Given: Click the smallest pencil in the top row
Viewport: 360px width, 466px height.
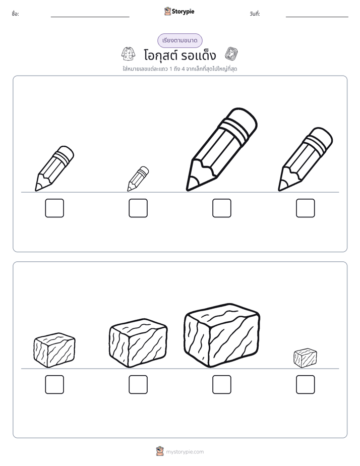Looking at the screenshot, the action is click(x=138, y=179).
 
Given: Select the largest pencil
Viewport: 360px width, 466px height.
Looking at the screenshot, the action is click(x=221, y=149).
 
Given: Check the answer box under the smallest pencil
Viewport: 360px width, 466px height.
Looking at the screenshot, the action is click(x=138, y=208).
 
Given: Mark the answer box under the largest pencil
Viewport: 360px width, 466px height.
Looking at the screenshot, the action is click(x=222, y=208).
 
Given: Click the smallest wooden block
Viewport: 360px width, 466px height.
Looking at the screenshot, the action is click(x=306, y=358).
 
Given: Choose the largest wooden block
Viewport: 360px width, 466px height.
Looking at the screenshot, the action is click(x=222, y=335).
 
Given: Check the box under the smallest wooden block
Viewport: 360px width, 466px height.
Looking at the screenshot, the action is click(x=306, y=385).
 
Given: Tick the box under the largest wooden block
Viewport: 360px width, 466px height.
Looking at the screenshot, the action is click(x=222, y=385).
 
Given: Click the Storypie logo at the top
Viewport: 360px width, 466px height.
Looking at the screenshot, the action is click(x=179, y=12).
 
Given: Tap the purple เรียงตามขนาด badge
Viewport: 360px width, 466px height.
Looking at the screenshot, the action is click(x=179, y=40).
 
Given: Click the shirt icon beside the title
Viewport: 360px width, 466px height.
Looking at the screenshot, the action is click(x=128, y=54).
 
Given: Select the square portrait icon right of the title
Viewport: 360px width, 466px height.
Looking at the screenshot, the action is click(x=231, y=54).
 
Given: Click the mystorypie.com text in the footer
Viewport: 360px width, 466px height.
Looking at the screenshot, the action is click(x=185, y=452).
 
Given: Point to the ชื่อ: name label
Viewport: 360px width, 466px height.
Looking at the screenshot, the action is click(x=16, y=14).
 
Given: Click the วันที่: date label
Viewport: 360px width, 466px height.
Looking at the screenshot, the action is click(x=255, y=14).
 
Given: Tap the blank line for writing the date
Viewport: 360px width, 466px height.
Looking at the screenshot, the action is click(x=317, y=17).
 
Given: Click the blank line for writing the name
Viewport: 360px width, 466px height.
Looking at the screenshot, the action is click(x=90, y=17).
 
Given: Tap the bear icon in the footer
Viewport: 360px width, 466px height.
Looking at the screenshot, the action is click(x=160, y=451).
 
